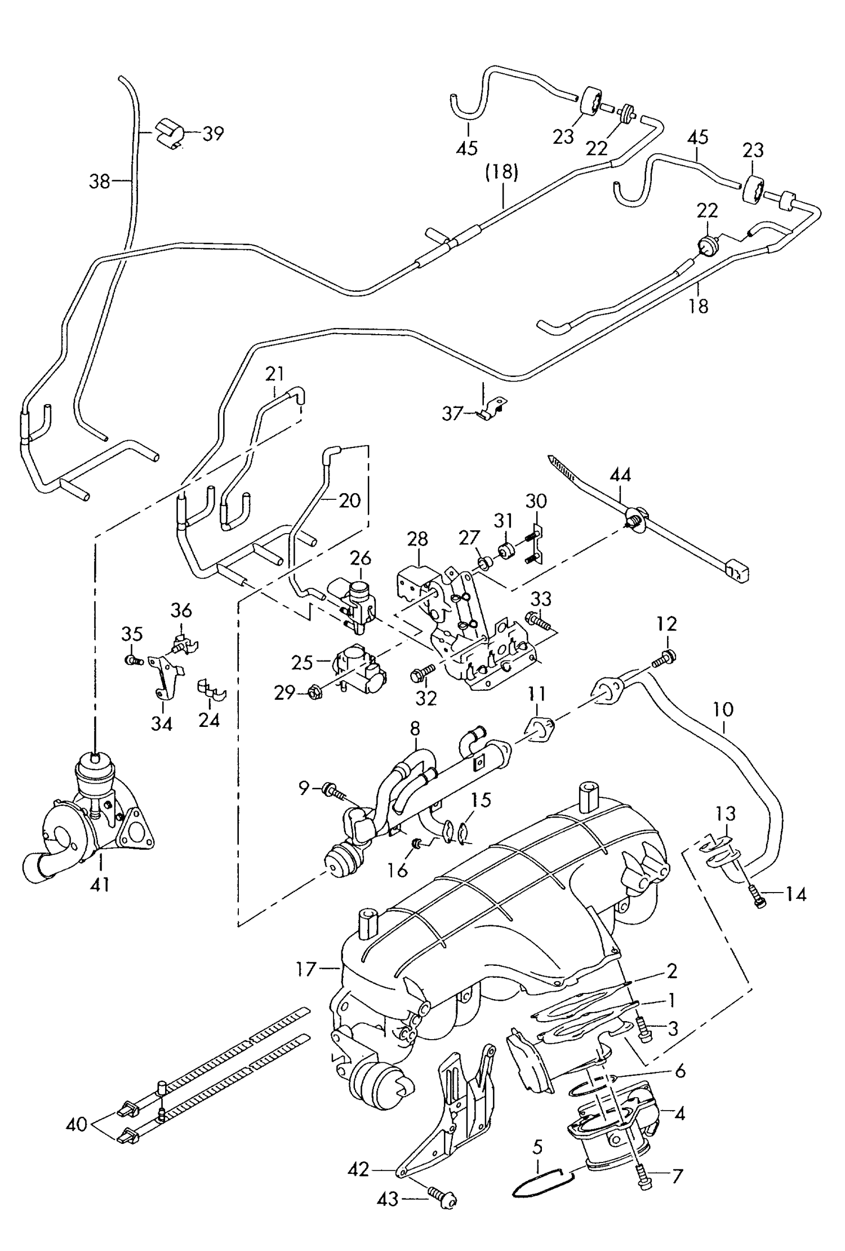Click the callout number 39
[213, 134]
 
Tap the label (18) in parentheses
[502, 172]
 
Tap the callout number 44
[620, 474]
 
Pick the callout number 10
[723, 709]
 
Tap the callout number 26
[361, 558]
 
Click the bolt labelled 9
[332, 791]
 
